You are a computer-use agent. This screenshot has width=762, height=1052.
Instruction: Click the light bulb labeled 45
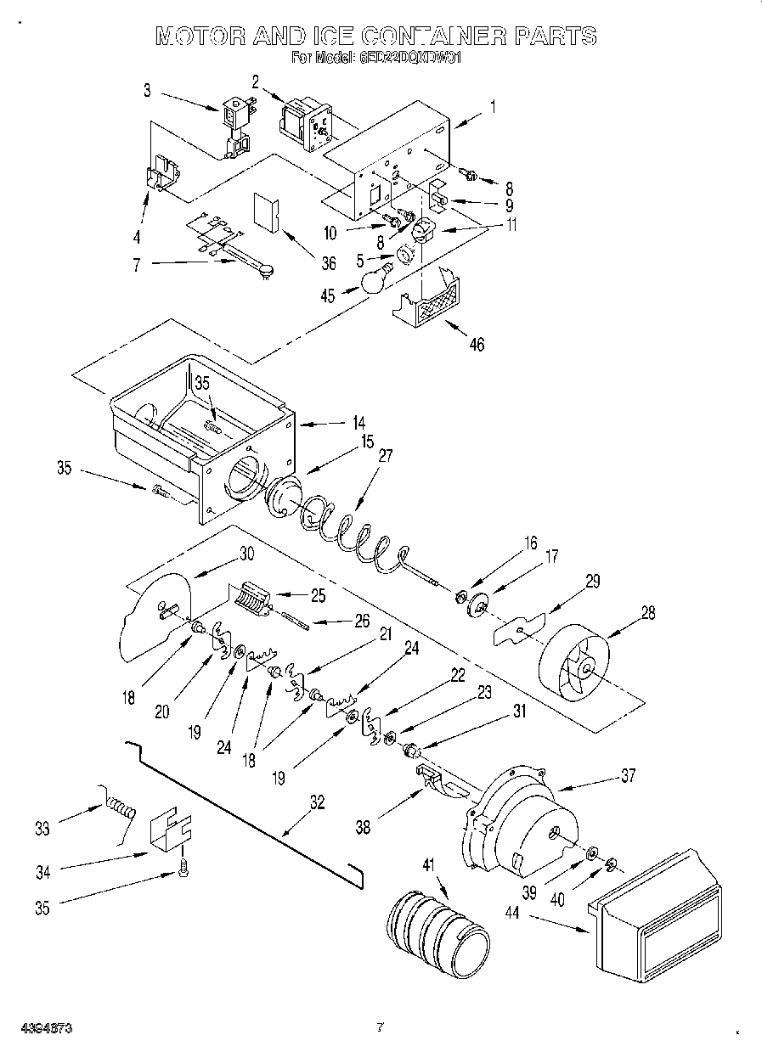pyautogui.click(x=375, y=279)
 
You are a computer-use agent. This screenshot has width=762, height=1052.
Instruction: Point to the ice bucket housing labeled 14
pyautogui.click(x=204, y=425)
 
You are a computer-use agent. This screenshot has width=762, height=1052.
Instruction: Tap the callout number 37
pyautogui.click(x=627, y=775)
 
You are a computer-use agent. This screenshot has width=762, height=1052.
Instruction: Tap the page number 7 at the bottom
pyautogui.click(x=381, y=1028)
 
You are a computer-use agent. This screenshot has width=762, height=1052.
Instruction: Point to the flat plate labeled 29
pyautogui.click(x=519, y=629)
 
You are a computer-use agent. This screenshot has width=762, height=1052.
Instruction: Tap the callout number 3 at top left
pyautogui.click(x=148, y=89)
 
